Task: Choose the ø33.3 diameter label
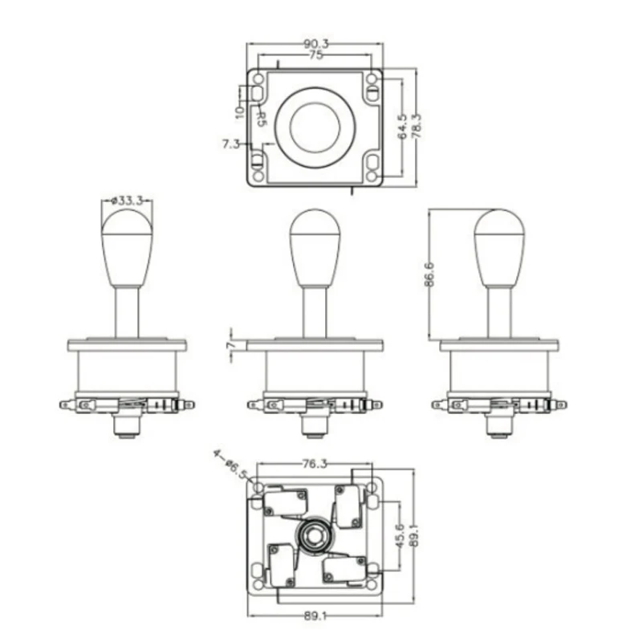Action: [126, 201]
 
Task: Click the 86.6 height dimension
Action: [430, 274]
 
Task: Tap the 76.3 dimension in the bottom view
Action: [314, 464]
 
